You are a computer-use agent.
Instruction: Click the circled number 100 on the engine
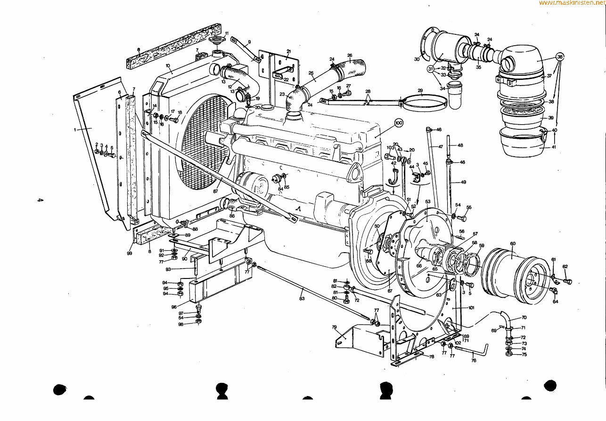(399, 123)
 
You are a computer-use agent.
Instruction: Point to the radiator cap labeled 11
(217, 39)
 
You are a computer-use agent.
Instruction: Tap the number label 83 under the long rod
(302, 298)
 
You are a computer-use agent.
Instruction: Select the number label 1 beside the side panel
(75, 129)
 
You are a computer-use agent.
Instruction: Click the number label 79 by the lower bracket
(334, 327)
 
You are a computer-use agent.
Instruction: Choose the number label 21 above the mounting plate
(288, 51)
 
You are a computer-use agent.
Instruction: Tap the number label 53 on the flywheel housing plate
(427, 202)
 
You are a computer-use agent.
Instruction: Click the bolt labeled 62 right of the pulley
(567, 281)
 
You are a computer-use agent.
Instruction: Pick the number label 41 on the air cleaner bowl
(554, 147)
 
